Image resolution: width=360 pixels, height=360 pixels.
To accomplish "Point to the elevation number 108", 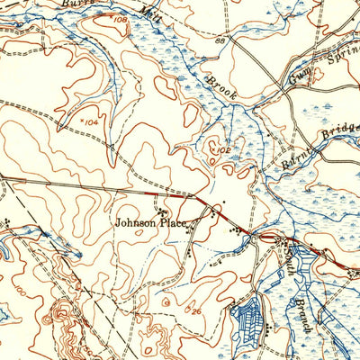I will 118,18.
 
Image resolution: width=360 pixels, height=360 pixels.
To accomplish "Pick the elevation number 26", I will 196,311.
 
